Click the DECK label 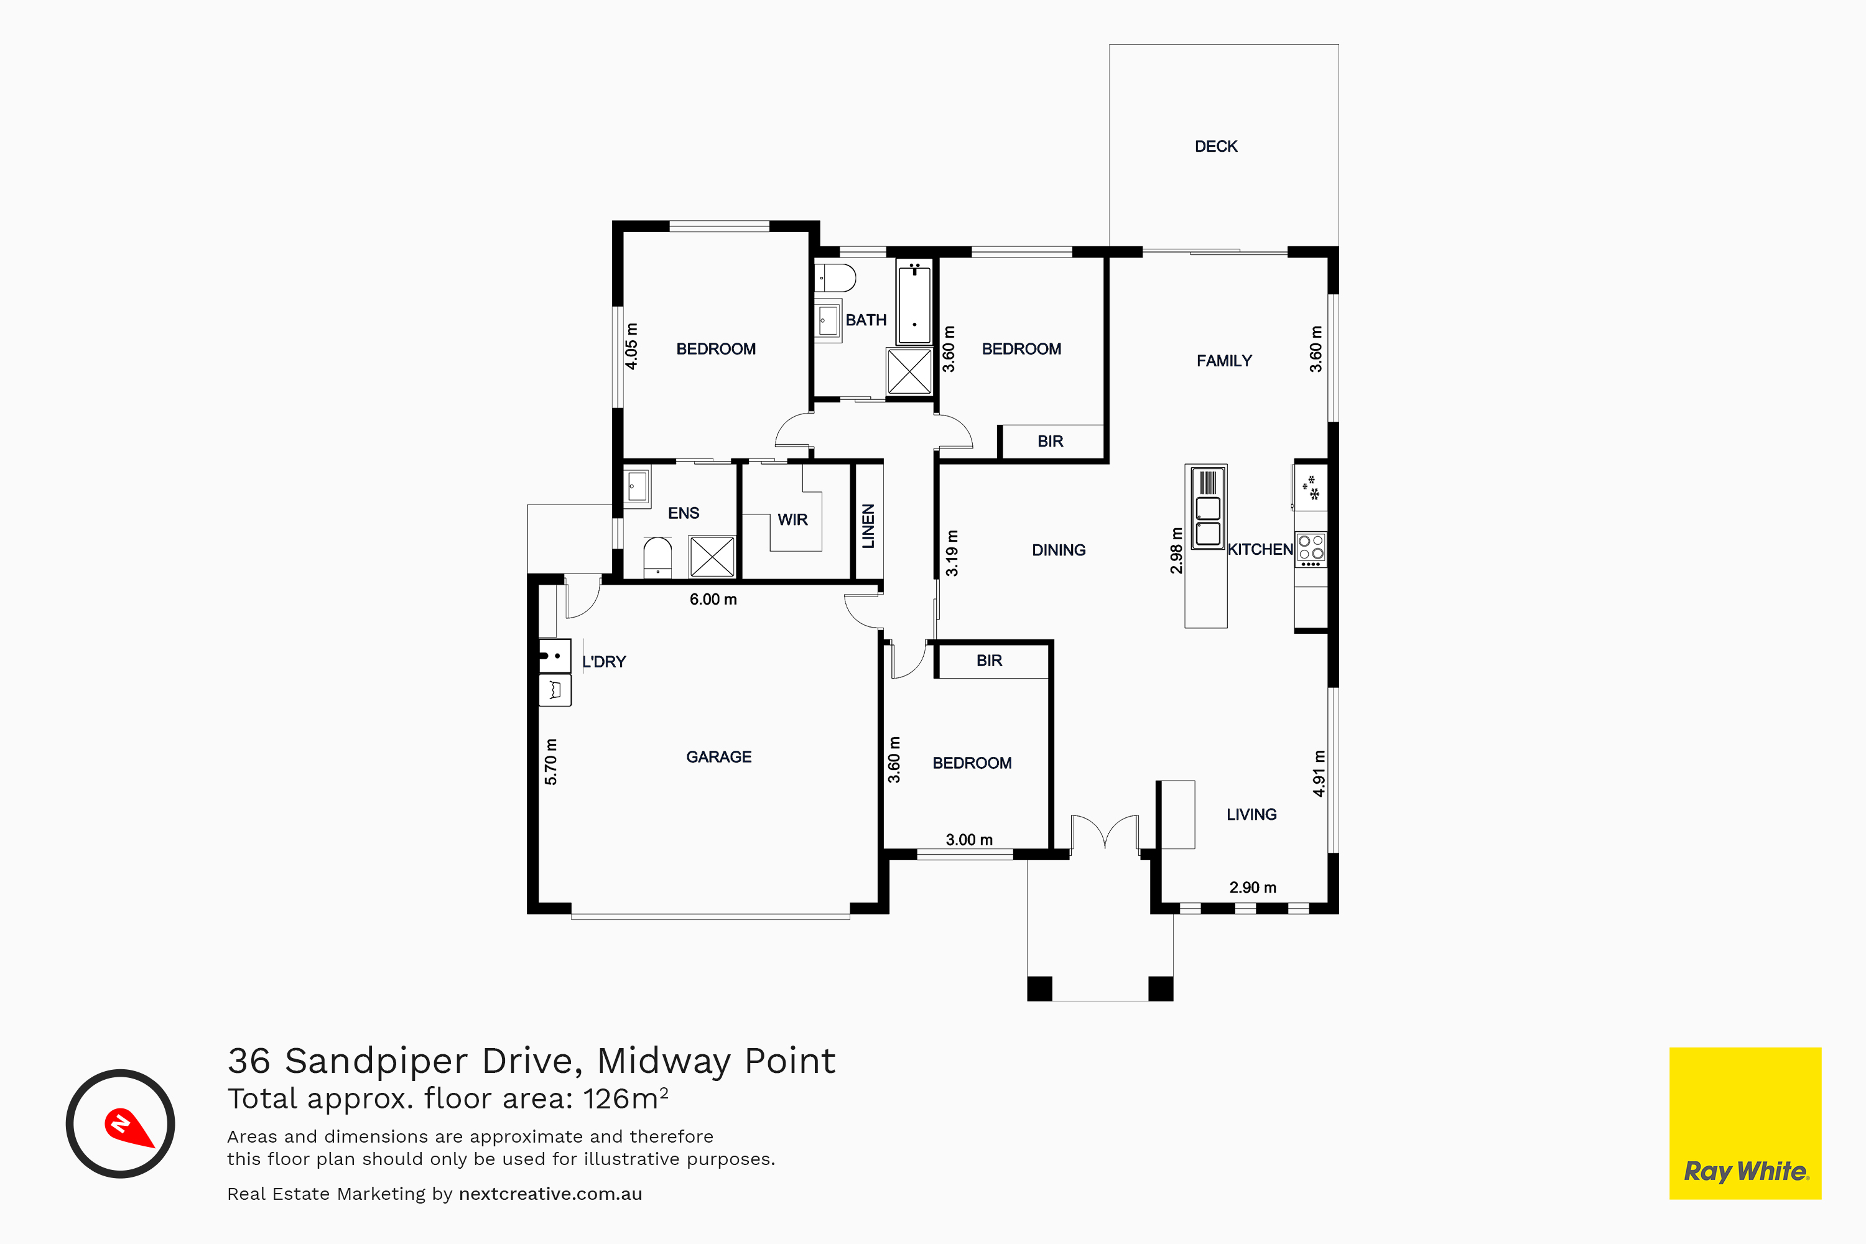(x=1215, y=146)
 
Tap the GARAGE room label (x=719, y=757)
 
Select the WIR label (x=792, y=519)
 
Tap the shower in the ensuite (x=712, y=556)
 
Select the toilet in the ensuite (x=657, y=557)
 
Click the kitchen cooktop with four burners (x=1311, y=550)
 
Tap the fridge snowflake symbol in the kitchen (x=1310, y=487)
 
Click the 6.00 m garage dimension (x=713, y=600)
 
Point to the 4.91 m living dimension (x=1319, y=773)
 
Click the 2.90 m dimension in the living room (x=1253, y=888)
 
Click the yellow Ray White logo (x=1745, y=1123)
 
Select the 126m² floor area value (x=625, y=1098)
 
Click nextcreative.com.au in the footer (x=550, y=1194)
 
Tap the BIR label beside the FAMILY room (x=1051, y=441)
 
